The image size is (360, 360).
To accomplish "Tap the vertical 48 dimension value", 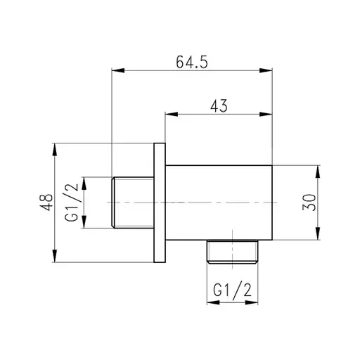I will [47, 203].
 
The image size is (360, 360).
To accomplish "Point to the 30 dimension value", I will [310, 202].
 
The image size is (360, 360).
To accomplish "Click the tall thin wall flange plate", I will [159, 203].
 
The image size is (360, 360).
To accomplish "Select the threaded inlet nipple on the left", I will [132, 202].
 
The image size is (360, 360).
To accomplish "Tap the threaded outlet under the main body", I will [233, 250].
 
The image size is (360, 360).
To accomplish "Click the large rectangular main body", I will [219, 202].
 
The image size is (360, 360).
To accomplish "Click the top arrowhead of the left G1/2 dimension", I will [84, 181].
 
